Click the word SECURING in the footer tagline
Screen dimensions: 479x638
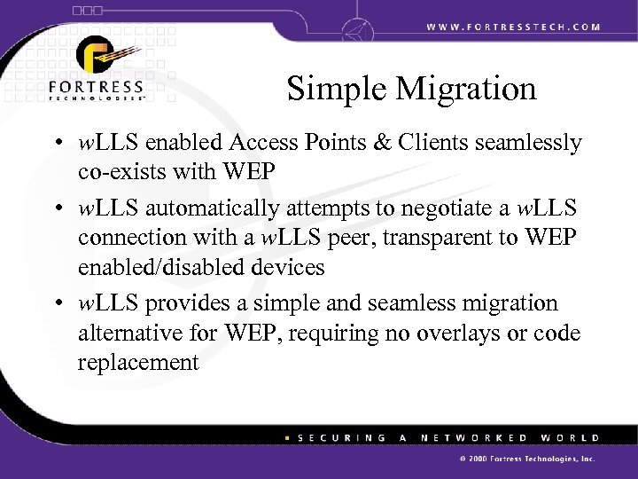coord(335,437)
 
